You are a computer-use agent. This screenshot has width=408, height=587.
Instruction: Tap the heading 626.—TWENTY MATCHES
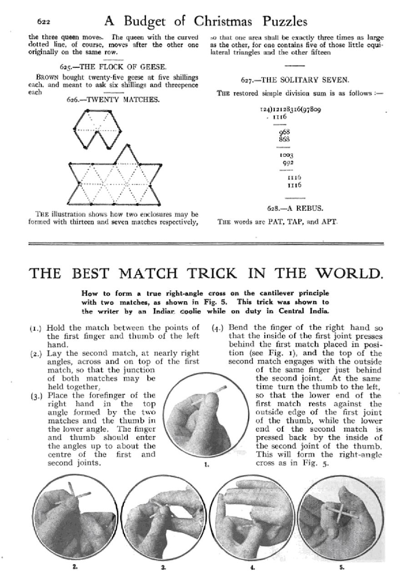point(113,99)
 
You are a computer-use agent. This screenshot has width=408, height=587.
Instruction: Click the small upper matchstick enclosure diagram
point(97,129)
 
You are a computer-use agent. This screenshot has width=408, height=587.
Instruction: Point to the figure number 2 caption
point(74,567)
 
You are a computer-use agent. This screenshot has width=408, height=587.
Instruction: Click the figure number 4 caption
point(252,567)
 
